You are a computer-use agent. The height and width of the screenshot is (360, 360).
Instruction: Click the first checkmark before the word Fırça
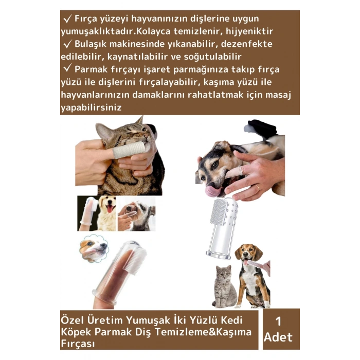tap(67, 19)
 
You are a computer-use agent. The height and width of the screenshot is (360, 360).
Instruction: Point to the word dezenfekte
tap(251, 44)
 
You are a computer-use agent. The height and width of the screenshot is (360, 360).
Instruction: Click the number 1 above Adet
tap(278, 321)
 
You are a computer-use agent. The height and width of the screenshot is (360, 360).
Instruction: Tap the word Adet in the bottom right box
tap(278, 338)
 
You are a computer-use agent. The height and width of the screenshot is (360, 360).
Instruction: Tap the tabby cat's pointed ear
tap(139, 121)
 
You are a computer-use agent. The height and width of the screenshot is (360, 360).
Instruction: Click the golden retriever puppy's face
tap(106, 206)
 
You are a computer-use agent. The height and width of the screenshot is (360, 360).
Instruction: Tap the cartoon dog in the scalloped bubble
tap(94, 248)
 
